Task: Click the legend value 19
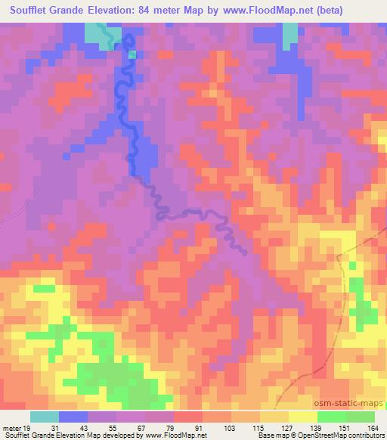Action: click(x=26, y=427)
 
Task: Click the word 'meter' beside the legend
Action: click(x=11, y=427)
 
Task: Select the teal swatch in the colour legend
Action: click(x=45, y=417)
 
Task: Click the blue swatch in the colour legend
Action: click(x=73, y=417)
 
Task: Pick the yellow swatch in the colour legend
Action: click(x=303, y=417)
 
